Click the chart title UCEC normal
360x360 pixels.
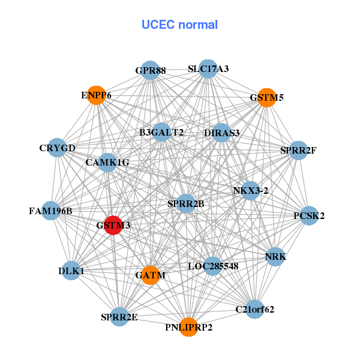(179, 25)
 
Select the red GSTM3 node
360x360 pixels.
(113, 225)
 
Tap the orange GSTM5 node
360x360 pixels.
(266, 97)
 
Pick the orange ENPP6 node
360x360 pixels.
(96, 95)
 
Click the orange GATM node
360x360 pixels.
(150, 275)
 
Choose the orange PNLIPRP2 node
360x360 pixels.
(188, 326)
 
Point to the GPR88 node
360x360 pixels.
(150, 71)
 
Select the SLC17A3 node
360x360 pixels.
(208, 69)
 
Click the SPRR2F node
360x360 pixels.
(298, 150)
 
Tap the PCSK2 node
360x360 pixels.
(309, 215)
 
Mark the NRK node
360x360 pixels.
(275, 257)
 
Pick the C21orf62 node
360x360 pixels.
(255, 309)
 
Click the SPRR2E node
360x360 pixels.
(119, 317)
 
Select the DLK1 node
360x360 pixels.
(71, 271)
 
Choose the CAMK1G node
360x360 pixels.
(107, 162)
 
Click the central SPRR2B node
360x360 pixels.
(186, 204)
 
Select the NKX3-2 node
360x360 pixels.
(250, 191)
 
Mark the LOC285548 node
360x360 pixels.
(213, 265)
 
